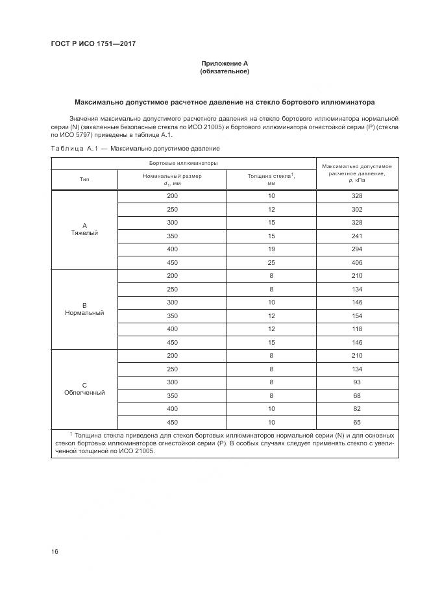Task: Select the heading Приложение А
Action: click(225, 63)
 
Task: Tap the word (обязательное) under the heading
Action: click(225, 71)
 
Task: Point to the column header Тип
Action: click(84, 180)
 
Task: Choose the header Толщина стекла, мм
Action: click(271, 180)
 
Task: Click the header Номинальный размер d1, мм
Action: click(172, 180)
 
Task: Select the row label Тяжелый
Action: click(84, 233)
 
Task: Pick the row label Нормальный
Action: click(84, 313)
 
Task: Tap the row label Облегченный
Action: click(84, 393)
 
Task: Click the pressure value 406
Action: click(357, 263)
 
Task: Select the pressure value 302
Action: click(357, 210)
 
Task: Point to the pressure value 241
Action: click(357, 236)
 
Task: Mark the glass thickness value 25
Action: click(271, 263)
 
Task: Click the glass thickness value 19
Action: click(271, 249)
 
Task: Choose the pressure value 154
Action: click(357, 316)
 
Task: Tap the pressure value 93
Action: click(357, 382)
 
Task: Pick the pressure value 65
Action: click(357, 422)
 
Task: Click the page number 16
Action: click(55, 552)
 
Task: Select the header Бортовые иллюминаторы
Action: click(184, 163)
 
